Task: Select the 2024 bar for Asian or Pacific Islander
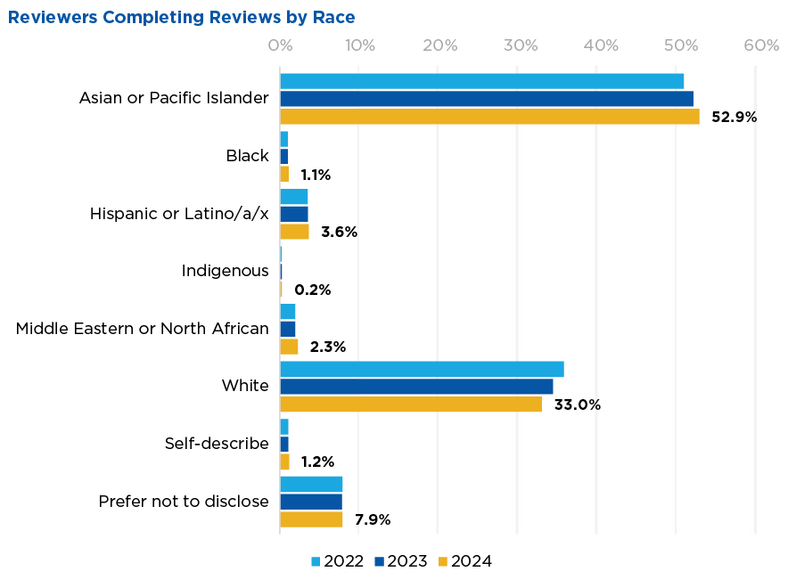tap(489, 116)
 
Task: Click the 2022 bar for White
tap(422, 369)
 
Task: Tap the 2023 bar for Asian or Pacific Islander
tap(487, 99)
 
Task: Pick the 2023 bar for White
tap(416, 387)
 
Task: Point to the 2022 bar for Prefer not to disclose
tap(311, 484)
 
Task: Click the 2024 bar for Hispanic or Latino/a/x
tap(294, 232)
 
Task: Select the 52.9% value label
tap(734, 116)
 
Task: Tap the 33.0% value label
tap(578, 404)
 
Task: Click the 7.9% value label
tap(373, 519)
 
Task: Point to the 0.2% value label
tap(312, 290)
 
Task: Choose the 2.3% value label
tap(327, 347)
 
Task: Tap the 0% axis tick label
tap(280, 45)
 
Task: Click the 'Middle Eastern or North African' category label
tap(143, 329)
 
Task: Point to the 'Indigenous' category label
tap(225, 271)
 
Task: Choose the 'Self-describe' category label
tap(217, 444)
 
